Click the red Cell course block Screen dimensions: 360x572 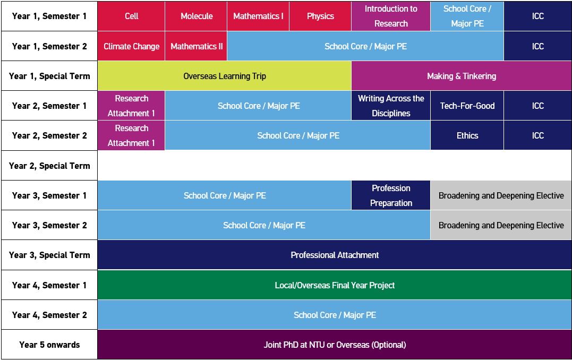(131, 16)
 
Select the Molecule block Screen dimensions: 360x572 (196, 16)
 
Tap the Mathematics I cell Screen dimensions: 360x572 (258, 16)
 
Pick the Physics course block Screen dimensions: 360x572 (320, 16)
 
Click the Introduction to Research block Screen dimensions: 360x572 (391, 16)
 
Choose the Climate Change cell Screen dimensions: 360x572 (131, 46)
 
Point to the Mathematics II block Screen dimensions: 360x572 (196, 46)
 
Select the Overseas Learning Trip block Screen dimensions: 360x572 (224, 76)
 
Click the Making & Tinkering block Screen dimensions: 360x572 (461, 76)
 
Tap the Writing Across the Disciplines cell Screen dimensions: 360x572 (391, 106)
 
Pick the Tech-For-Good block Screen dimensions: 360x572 (467, 106)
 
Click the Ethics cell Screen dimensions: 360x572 (467, 135)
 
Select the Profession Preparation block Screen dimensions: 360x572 (391, 195)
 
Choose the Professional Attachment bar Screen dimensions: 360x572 (335, 255)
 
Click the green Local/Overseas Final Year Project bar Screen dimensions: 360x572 (335, 285)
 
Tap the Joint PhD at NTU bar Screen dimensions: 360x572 (335, 345)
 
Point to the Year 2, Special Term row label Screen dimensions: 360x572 (49, 166)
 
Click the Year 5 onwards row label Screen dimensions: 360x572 (49, 345)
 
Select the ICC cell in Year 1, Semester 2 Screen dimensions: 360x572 (537, 46)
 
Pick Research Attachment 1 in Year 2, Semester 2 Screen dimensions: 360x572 (131, 135)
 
